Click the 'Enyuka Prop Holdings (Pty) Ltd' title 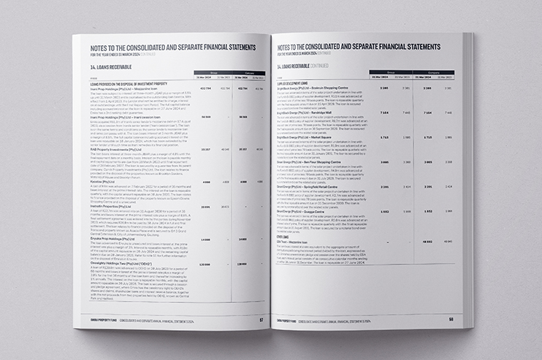115,237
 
